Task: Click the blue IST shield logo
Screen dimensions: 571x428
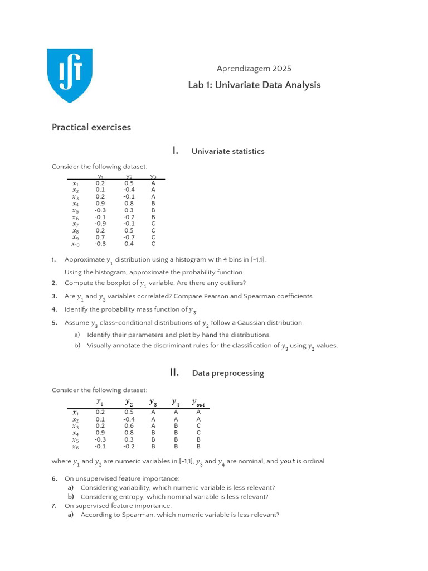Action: [x=70, y=75]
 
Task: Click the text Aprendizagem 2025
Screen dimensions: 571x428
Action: [x=254, y=69]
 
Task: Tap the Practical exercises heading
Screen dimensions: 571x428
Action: [x=91, y=127]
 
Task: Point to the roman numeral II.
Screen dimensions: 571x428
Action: [x=174, y=372]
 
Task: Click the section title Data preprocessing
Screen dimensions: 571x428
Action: [x=228, y=373]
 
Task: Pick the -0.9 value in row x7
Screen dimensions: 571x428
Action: [x=100, y=223]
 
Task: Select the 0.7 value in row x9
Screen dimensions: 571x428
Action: [x=100, y=237]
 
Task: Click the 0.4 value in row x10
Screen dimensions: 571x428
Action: [x=129, y=244]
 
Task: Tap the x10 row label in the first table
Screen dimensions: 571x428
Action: [x=76, y=244]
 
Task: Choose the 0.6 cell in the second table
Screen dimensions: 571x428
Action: [x=129, y=425]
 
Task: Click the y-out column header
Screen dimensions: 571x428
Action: [x=198, y=402]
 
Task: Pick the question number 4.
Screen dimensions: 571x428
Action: [x=53, y=309]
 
